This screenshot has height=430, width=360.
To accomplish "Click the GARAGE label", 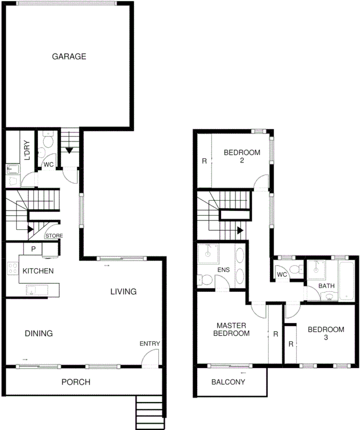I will pyautogui.click(x=69, y=56).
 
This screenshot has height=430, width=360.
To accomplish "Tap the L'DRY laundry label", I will pyautogui.click(x=27, y=150).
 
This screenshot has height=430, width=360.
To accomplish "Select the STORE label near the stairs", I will pyautogui.click(x=54, y=236).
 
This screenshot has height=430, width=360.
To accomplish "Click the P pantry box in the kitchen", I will pyautogui.click(x=33, y=249).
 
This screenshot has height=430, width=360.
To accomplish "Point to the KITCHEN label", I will pyautogui.click(x=38, y=271).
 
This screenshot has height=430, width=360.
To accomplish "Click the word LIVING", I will pyautogui.click(x=123, y=292).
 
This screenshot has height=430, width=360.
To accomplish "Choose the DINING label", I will pyautogui.click(x=38, y=333).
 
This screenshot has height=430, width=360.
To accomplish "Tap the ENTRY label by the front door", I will pyautogui.click(x=150, y=343).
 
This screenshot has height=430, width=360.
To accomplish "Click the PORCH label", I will pyautogui.click(x=76, y=382).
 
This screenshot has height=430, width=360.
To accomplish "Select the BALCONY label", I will pyautogui.click(x=228, y=382).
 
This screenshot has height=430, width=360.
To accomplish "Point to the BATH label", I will pyautogui.click(x=326, y=286).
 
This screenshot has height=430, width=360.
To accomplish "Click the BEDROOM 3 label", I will pyautogui.click(x=326, y=333).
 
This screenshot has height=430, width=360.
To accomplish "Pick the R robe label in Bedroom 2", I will pyautogui.click(x=204, y=161).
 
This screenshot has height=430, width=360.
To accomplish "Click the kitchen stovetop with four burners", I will pyautogui.click(x=12, y=269).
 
